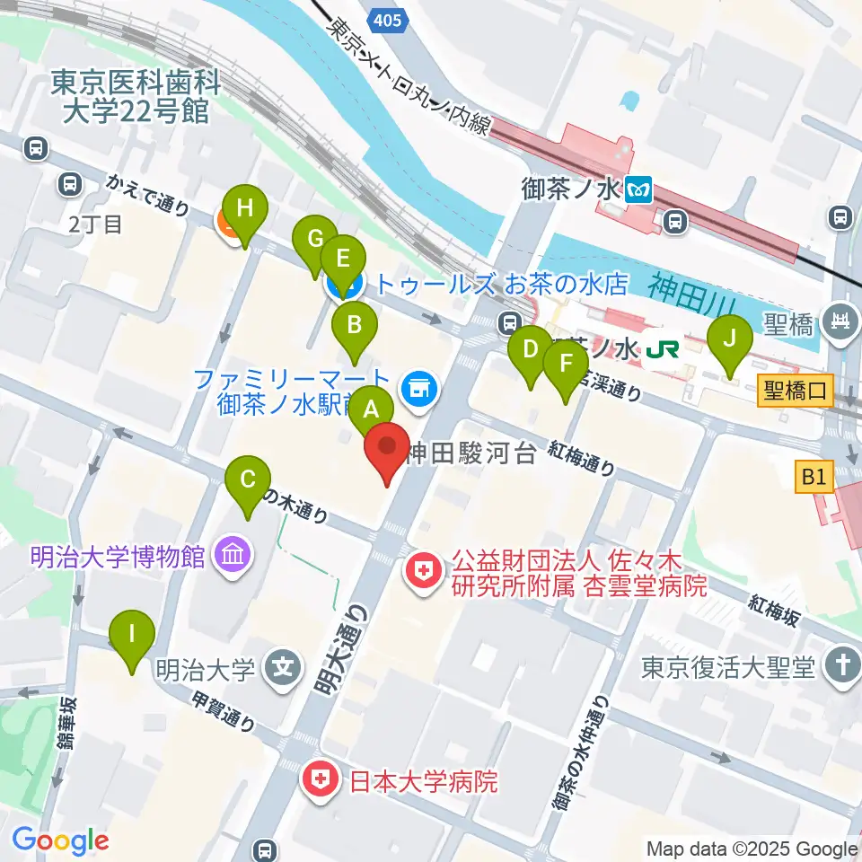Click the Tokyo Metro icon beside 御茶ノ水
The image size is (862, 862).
coord(641,189)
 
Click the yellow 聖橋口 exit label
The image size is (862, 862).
coord(796,391)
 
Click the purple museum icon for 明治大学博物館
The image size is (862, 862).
coord(233,557)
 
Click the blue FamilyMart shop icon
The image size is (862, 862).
coord(418,388)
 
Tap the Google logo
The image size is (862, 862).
coord(60,840)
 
